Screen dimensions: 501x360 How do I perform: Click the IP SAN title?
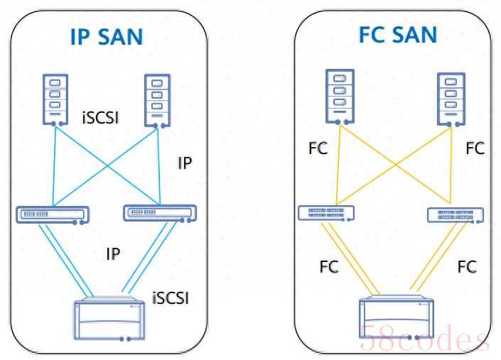tap(107, 37)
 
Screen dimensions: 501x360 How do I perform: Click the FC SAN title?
tap(397, 35)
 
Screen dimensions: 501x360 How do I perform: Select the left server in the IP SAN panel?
tap(55, 100)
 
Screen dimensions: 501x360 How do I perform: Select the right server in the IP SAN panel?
tap(157, 101)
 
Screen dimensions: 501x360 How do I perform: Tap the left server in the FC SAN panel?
tap(340, 97)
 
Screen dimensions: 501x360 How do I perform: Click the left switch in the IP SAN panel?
tap(53, 215)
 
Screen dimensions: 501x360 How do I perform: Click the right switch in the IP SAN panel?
tap(160, 213)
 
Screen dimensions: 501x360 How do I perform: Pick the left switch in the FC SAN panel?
tap(326, 213)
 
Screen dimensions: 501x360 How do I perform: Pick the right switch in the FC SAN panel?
tap(456, 215)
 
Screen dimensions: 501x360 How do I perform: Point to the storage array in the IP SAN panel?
tap(109, 319)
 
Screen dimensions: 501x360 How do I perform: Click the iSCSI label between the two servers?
tap(100, 118)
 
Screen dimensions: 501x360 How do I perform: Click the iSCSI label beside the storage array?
tap(171, 298)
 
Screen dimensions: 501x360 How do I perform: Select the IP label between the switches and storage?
tap(113, 254)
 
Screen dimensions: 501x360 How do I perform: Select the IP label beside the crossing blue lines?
tap(185, 163)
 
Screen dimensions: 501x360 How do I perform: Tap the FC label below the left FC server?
tap(318, 148)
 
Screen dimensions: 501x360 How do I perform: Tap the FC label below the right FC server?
tap(475, 148)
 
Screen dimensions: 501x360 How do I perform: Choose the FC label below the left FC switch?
tap(329, 267)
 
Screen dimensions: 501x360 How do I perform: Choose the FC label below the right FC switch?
tap(467, 267)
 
